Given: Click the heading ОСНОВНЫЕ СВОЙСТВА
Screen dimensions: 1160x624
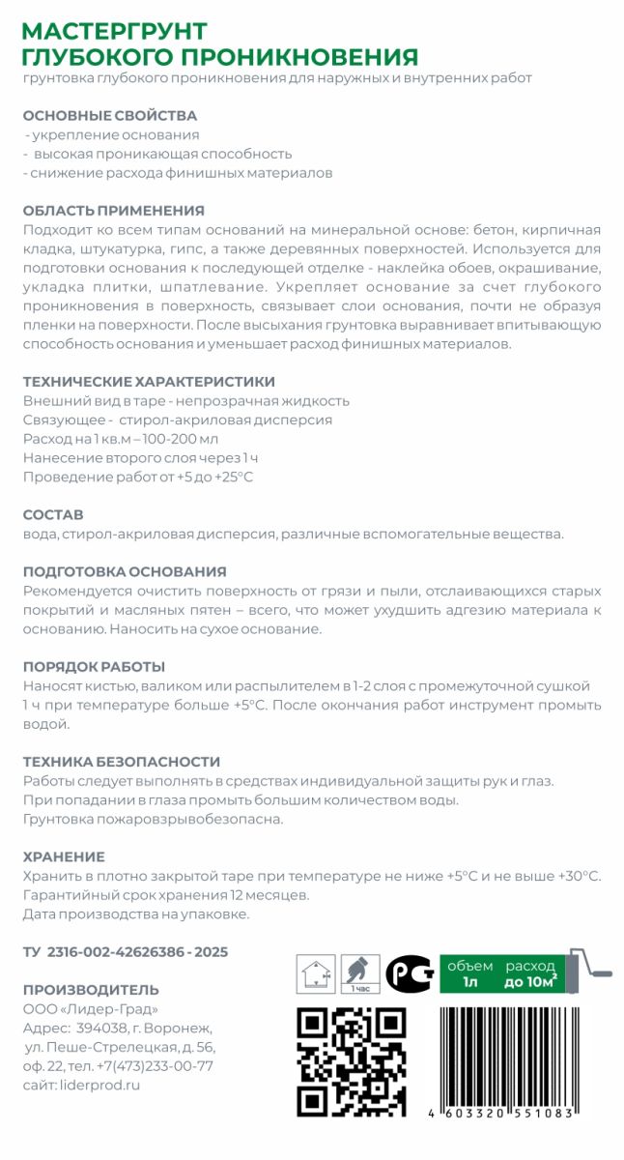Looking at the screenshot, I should [109, 115].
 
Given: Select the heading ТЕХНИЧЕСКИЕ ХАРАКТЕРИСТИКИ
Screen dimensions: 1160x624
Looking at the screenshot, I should [148, 381].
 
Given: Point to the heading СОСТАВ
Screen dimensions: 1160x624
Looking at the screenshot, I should [53, 514].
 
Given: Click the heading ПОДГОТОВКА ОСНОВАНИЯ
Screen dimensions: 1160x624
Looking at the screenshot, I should [124, 571].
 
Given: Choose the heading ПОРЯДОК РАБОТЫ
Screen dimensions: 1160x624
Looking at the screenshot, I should [94, 666].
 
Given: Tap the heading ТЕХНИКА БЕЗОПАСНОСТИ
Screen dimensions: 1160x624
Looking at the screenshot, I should [121, 762].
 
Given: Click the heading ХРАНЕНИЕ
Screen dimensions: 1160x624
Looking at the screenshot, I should [64, 856].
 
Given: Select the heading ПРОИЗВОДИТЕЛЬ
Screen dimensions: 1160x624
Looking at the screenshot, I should [90, 990].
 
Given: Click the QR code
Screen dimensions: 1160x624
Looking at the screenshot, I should [351, 1060].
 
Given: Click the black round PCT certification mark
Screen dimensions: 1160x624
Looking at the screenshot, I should [409, 973].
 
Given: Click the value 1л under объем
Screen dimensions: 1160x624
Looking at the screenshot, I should [470, 983].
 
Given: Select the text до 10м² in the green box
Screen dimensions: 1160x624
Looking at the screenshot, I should [529, 983].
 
